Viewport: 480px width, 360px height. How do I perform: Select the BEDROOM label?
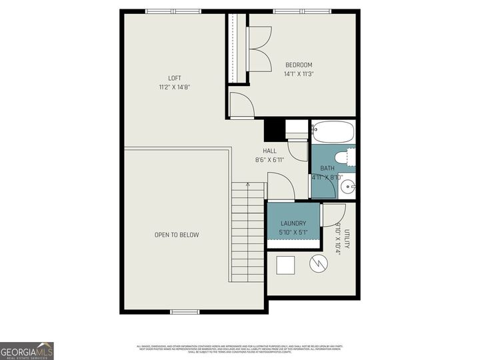coord(299,65)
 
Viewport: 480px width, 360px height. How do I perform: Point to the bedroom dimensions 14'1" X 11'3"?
coord(299,74)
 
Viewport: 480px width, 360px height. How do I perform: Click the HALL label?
coord(269,151)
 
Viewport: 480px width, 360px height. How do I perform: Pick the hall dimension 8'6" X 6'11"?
coord(269,160)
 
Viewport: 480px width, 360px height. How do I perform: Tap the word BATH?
coord(327,168)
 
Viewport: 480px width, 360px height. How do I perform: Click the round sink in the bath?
coord(347,187)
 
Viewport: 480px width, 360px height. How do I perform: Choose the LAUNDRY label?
coord(293,223)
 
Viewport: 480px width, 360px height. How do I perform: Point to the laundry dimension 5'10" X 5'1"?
coord(293,233)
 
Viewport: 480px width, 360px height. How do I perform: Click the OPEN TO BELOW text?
coord(177,235)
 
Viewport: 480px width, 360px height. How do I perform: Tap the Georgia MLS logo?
coord(27,351)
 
